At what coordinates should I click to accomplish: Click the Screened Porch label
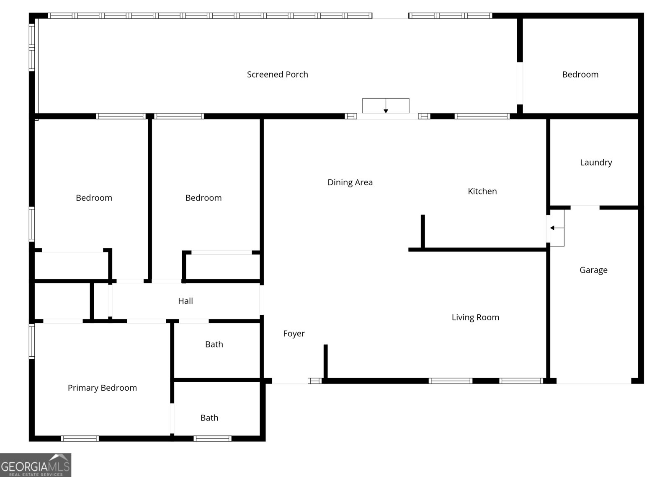(277, 75)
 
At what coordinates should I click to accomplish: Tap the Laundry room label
(595, 163)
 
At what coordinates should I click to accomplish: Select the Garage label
(593, 270)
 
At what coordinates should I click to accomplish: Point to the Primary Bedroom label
(102, 388)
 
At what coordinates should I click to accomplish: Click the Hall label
(185, 301)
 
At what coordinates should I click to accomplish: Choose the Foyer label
(294, 334)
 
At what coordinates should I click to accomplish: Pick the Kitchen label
(482, 192)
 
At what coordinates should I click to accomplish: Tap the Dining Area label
(350, 182)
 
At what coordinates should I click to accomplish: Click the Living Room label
(475, 318)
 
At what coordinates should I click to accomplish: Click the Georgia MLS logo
(35, 465)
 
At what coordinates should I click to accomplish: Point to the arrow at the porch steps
(386, 110)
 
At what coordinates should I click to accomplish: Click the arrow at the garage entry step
(554, 228)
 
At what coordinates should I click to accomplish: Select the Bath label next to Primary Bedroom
(209, 418)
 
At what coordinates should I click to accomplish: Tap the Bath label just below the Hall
(214, 345)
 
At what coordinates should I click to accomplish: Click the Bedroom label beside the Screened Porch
(580, 75)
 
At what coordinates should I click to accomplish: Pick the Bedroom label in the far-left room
(94, 198)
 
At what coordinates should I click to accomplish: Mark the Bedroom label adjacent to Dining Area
(203, 198)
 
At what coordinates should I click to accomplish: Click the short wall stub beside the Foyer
(325, 361)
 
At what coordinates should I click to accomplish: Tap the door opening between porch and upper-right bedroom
(520, 83)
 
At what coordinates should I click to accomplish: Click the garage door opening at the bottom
(594, 381)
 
